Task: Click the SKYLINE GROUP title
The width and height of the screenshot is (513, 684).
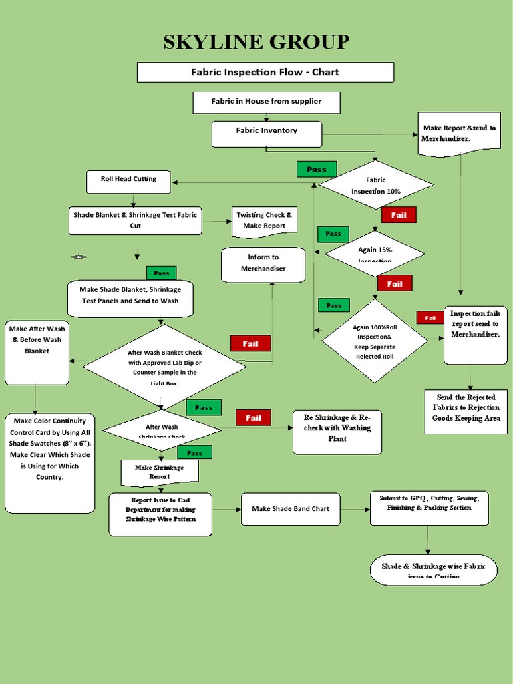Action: pos(256,41)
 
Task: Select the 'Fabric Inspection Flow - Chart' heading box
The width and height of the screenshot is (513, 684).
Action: pos(265,72)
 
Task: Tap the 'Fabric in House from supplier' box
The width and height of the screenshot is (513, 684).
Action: pos(267,102)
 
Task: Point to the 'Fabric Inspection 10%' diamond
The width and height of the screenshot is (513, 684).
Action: pos(375,185)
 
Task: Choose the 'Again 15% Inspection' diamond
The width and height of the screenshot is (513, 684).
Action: pos(375,254)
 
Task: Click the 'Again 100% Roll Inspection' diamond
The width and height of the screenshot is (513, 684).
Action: pos(374,341)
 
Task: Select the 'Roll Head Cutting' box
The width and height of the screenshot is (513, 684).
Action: pos(128,180)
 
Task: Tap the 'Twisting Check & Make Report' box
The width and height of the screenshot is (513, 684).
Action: pos(264,221)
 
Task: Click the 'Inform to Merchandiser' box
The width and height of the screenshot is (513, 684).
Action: pos(263,263)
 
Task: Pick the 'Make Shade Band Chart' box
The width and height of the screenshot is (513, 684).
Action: pos(291,509)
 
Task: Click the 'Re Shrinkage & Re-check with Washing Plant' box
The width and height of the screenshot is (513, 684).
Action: pos(337,432)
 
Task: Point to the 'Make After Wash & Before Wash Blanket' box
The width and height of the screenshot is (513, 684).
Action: pos(37,353)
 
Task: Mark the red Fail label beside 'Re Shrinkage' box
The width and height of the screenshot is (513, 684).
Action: pos(253,418)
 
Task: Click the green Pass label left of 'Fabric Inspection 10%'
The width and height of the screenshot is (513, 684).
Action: pos(317,169)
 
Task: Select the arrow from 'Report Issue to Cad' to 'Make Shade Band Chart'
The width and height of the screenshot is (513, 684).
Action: pos(226,509)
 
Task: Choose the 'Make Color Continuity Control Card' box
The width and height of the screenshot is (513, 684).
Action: pos(50,462)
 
